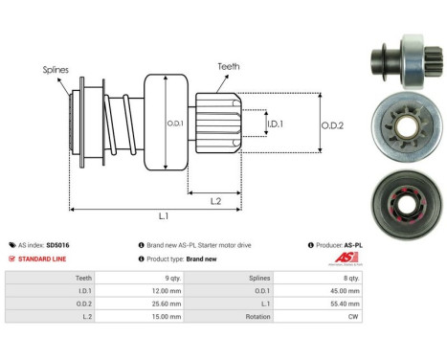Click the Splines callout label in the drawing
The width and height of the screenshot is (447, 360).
(55, 70)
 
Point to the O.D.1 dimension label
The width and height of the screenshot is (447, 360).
(174, 123)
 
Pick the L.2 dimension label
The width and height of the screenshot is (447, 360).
(217, 199)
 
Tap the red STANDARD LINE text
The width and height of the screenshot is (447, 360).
(48, 259)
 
